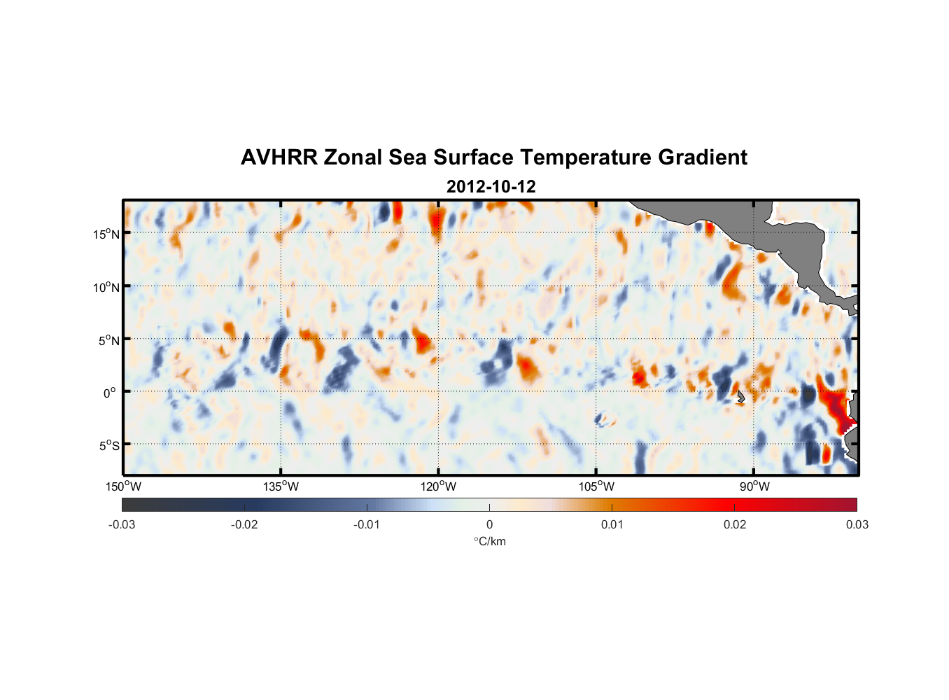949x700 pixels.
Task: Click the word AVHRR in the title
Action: coord(279,157)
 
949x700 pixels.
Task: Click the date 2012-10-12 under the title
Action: coord(491,187)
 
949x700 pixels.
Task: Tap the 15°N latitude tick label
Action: coord(106,234)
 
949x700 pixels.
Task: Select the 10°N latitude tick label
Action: coord(106,287)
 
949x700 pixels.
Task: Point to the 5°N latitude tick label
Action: coord(108,340)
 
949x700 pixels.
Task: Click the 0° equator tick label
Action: coord(110,393)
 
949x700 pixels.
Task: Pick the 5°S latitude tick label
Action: coord(108,446)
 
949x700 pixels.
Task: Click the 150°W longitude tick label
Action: coord(123,486)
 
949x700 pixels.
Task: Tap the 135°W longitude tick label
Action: coord(281,486)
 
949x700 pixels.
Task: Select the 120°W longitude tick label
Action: coord(439,486)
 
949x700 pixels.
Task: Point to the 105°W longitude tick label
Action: coord(596,486)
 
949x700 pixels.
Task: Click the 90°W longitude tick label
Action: coord(754,486)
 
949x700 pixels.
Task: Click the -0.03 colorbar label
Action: coord(122,525)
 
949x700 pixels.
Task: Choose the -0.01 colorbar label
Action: coord(367,525)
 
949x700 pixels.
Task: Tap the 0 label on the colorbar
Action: coord(489,525)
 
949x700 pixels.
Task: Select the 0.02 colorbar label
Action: coord(735,525)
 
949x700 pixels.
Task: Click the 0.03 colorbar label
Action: coord(857,525)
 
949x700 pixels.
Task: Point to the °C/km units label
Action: coord(489,541)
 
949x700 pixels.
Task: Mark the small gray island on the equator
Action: coord(740,396)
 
